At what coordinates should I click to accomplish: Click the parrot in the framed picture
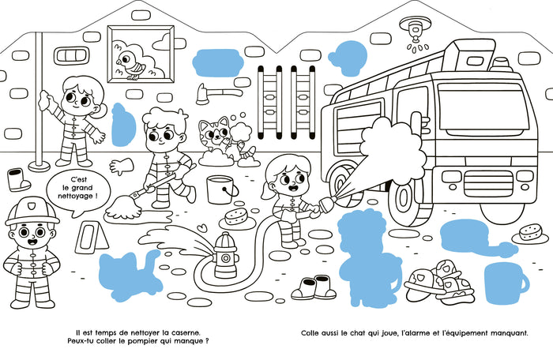(x=129, y=65)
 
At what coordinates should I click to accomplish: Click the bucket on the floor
(x=221, y=189)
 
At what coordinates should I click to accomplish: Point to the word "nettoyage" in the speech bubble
(x=77, y=196)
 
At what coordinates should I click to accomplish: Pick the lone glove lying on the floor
(x=122, y=166)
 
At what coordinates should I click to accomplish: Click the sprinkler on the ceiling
(x=415, y=32)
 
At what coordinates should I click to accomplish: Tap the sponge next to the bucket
(x=235, y=217)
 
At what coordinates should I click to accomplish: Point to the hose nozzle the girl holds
(x=328, y=204)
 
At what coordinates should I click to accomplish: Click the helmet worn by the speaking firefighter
(x=32, y=211)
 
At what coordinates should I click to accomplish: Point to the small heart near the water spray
(x=202, y=227)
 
